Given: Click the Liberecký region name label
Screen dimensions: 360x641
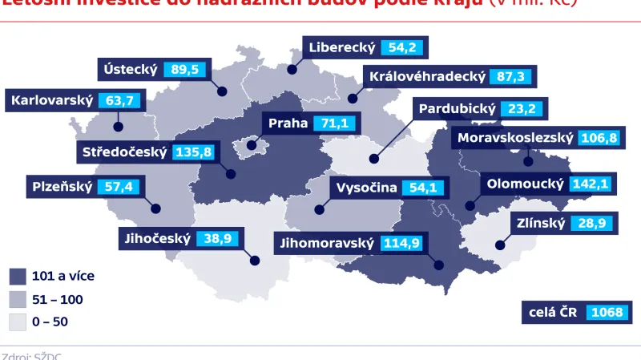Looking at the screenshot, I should tap(342, 48).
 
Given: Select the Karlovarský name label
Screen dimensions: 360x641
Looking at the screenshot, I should tap(50, 101).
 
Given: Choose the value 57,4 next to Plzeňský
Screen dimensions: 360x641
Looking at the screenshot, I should tap(123, 187).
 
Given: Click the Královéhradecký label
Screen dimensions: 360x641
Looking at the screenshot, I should tap(425, 77).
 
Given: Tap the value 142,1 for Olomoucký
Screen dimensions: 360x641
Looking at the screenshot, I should tap(591, 184).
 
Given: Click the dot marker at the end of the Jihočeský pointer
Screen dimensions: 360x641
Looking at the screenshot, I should tap(256, 260).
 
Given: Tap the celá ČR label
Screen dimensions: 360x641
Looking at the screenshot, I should tap(550, 312).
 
